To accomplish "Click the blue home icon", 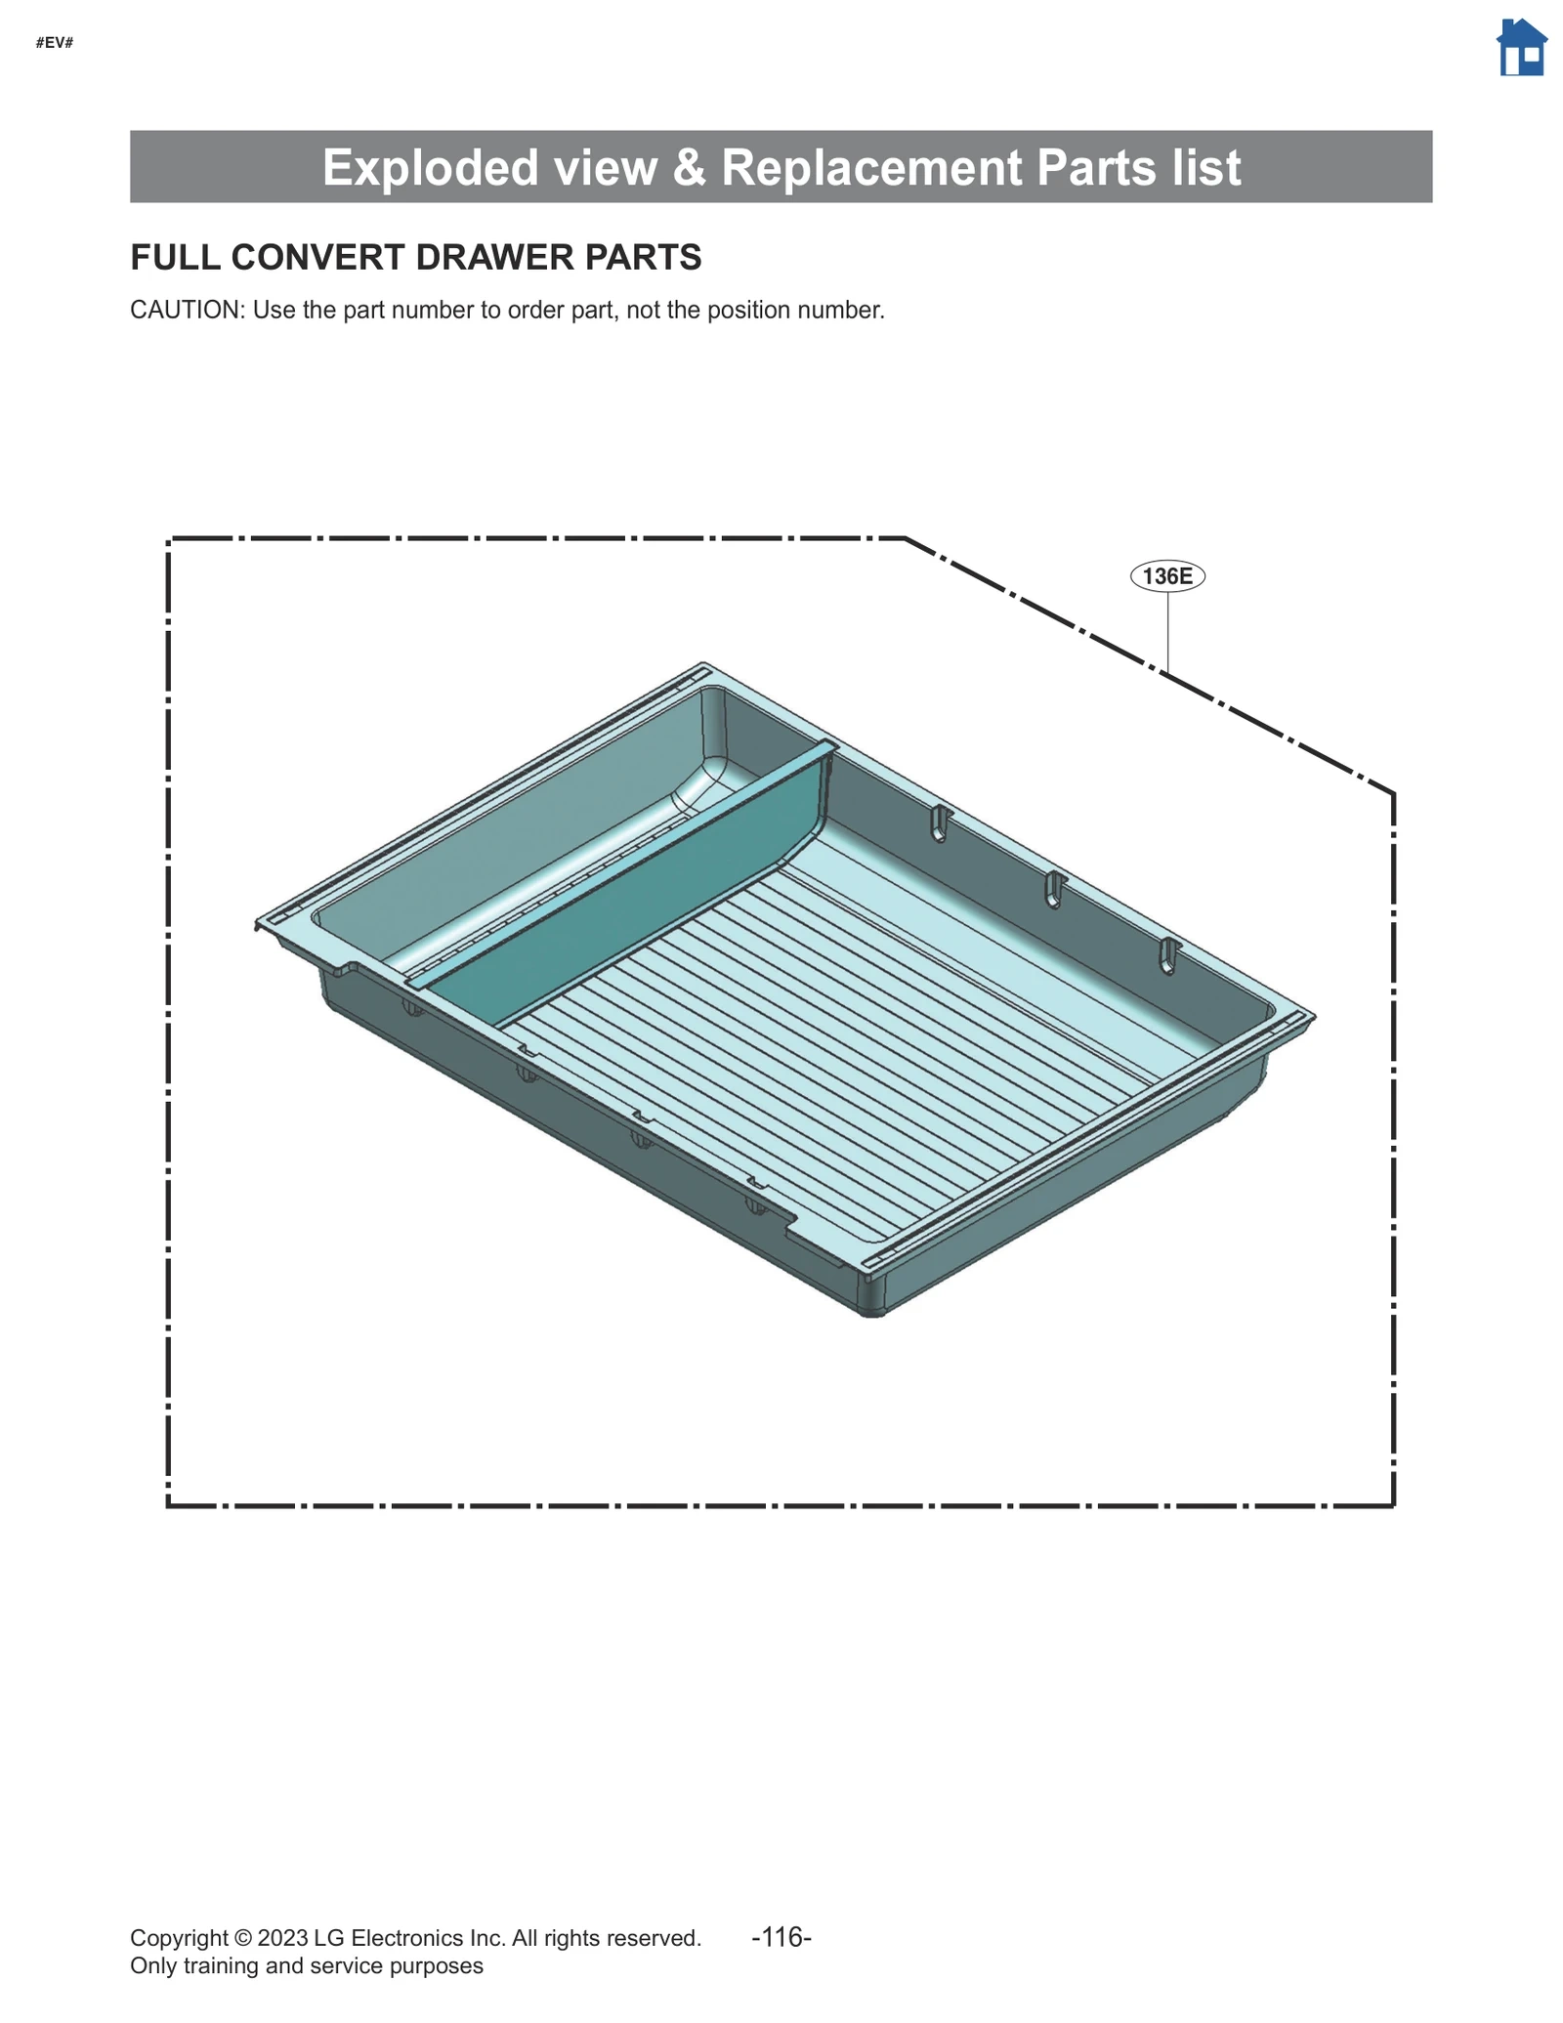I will pos(1521,48).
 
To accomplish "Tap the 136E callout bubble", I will pos(1167,576).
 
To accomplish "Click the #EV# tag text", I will pos(55,43).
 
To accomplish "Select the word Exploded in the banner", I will pos(431,167).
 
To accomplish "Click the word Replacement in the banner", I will pos(873,167).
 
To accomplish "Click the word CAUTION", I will pos(186,311).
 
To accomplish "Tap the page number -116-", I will pos(781,1936).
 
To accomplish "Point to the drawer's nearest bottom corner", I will pos(872,1312).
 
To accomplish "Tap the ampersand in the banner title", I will pos(689,167).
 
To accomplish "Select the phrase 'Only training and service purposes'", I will pos(306,1966).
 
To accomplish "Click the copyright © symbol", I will pos(242,1938).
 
